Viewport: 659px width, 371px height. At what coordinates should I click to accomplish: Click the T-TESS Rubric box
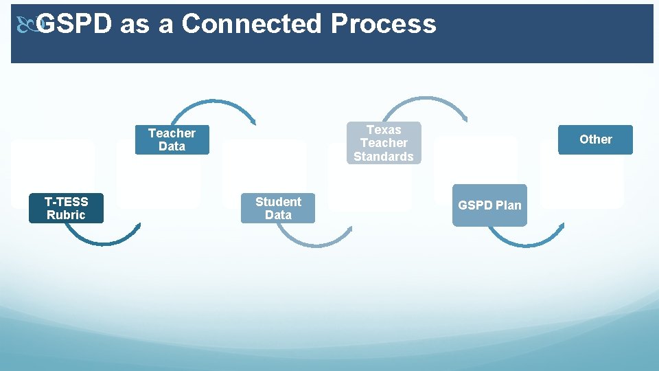tap(66, 208)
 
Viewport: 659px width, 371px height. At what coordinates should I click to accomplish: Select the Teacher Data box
tap(172, 139)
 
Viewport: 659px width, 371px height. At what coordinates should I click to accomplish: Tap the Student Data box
tap(278, 208)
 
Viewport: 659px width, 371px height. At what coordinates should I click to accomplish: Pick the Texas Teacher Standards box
tap(384, 143)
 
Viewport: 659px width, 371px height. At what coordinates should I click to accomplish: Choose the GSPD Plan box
tap(489, 205)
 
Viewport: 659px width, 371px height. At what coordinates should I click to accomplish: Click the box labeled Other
tap(595, 139)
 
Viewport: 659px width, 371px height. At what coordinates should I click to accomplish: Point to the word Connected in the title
tap(251, 24)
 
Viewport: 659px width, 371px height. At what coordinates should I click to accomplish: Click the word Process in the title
tap(383, 24)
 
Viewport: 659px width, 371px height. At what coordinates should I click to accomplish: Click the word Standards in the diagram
tap(384, 157)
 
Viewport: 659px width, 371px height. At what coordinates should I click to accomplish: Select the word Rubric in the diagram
tap(66, 215)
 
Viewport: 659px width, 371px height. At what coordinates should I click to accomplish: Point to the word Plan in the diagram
tap(508, 205)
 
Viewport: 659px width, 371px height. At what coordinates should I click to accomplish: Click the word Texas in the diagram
tap(384, 129)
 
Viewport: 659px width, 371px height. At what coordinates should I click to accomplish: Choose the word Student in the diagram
tap(278, 201)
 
